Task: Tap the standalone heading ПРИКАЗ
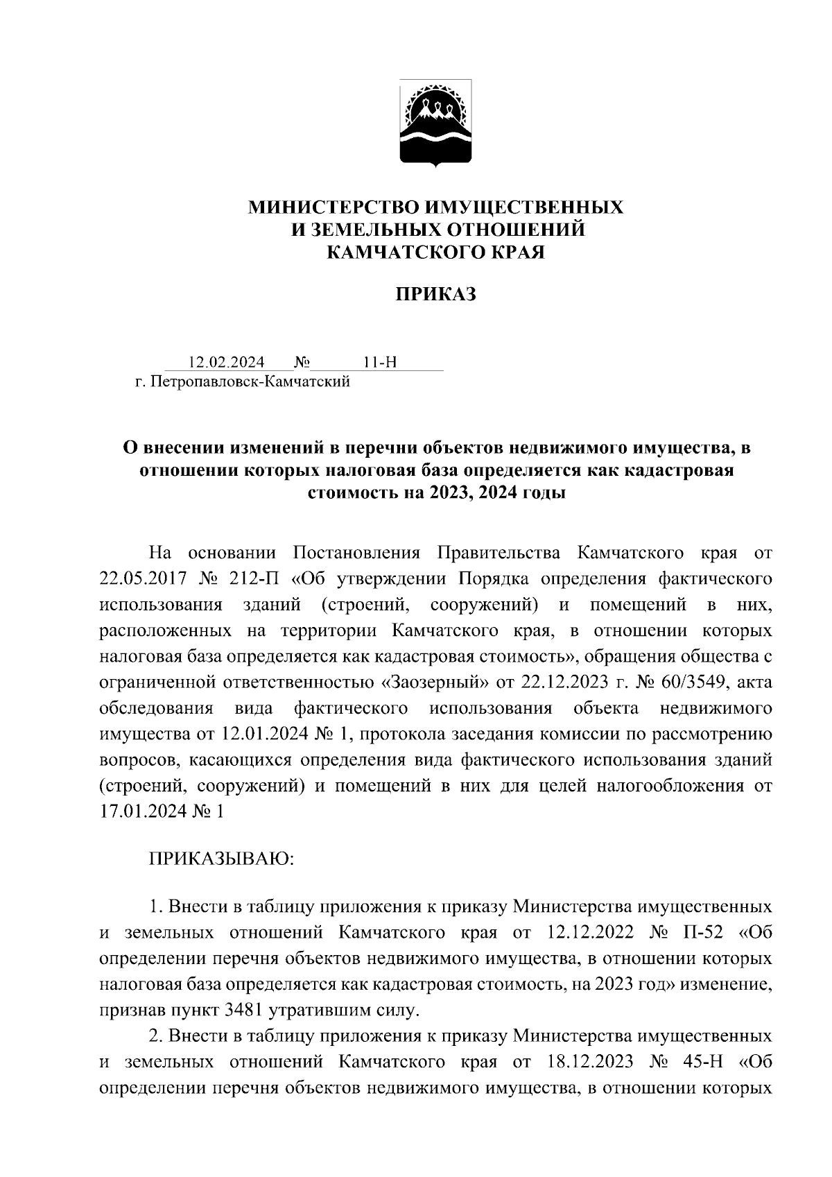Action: pos(436,295)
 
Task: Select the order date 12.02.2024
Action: pos(226,363)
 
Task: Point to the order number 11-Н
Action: pos(379,363)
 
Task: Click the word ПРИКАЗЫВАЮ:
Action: pos(222,859)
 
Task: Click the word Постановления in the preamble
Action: pos(357,553)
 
